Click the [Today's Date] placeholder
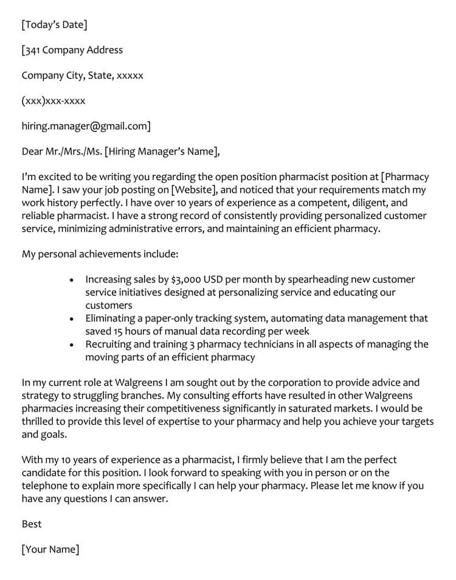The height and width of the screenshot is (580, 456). click(54, 25)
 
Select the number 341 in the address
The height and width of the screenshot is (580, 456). click(33, 51)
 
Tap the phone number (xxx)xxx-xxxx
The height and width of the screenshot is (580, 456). click(54, 101)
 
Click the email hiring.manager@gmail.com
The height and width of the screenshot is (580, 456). click(86, 126)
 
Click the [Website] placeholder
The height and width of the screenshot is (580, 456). click(193, 189)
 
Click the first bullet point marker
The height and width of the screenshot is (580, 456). click(72, 280)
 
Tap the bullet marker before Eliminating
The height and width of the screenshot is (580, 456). click(72, 318)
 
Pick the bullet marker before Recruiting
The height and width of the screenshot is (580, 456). click(72, 344)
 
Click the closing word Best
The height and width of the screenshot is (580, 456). click(32, 524)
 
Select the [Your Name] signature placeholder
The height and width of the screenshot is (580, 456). click(50, 550)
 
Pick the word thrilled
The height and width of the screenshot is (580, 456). click(41, 422)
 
